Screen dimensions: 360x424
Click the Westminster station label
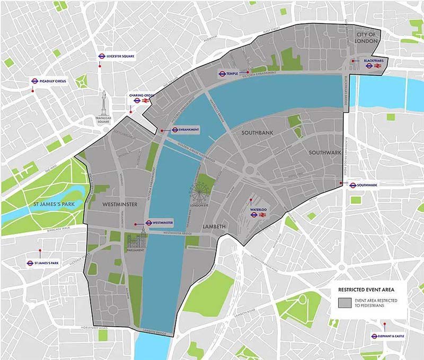coord(160,223)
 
